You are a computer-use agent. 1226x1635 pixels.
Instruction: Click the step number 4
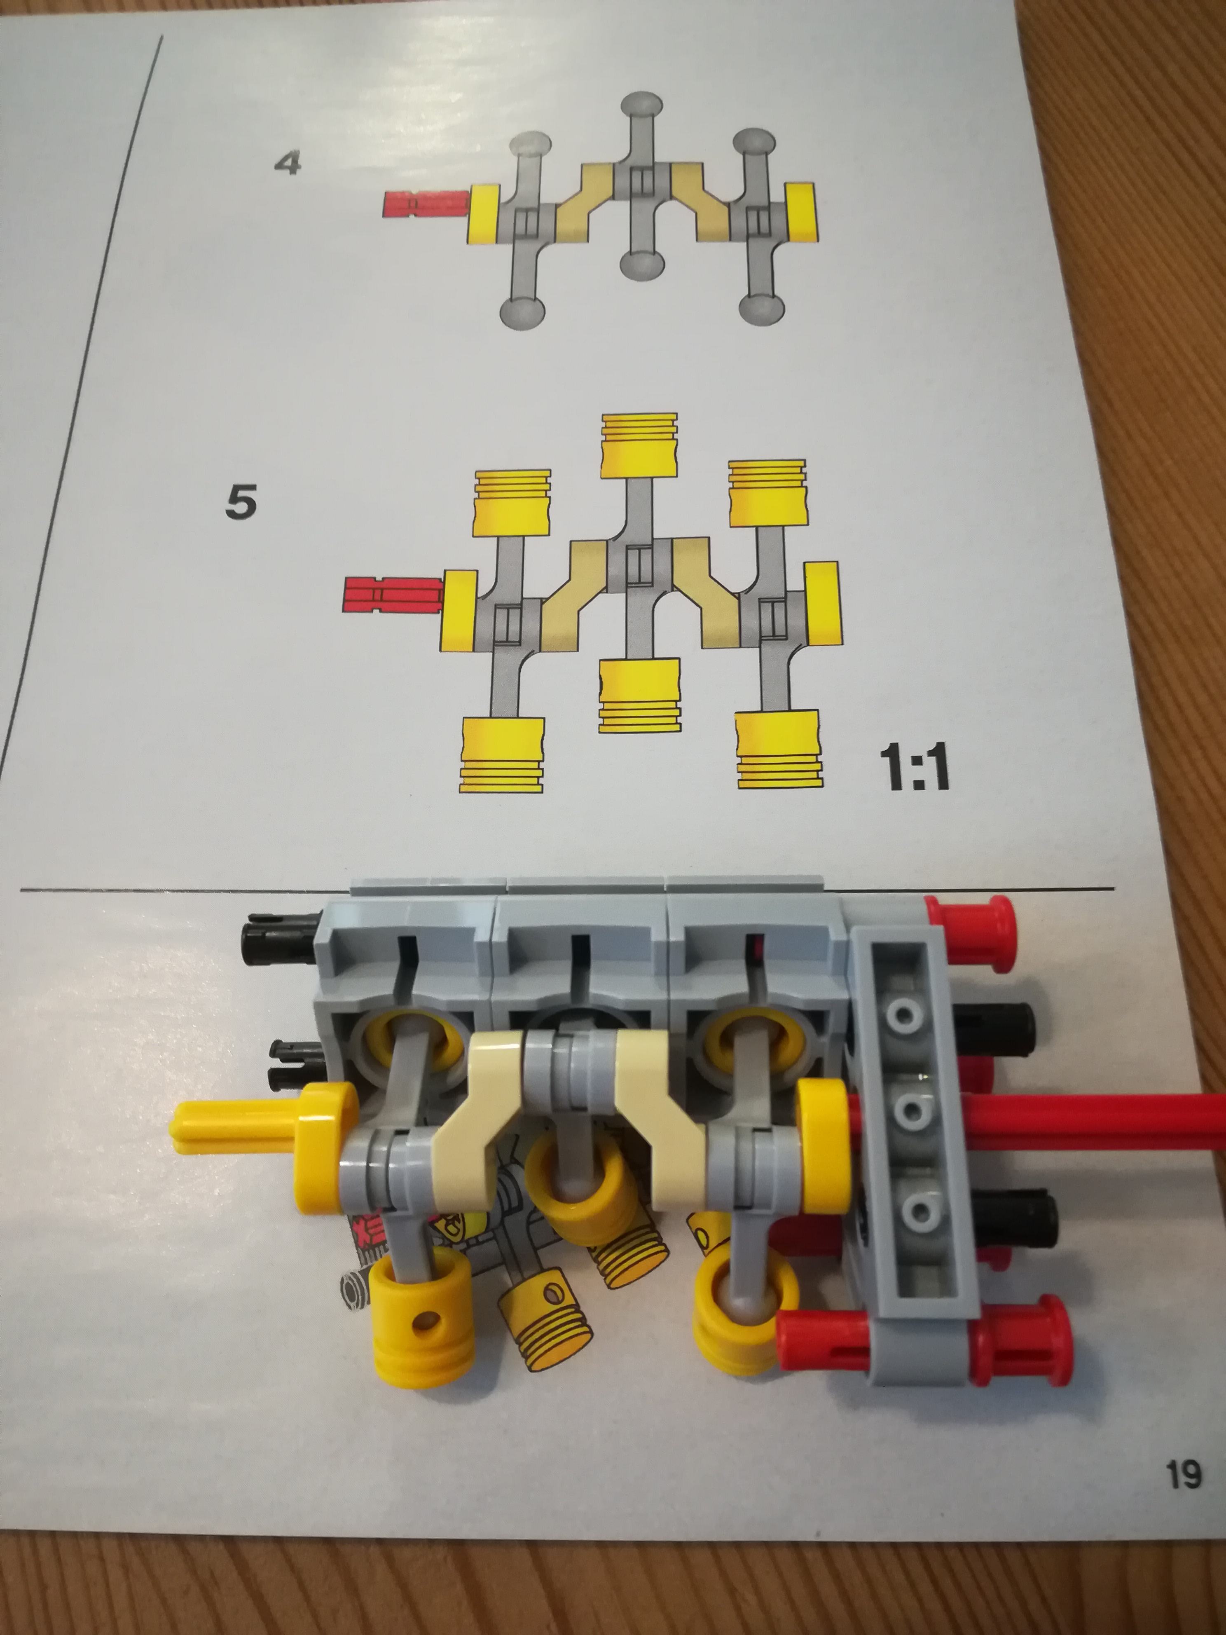point(288,163)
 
